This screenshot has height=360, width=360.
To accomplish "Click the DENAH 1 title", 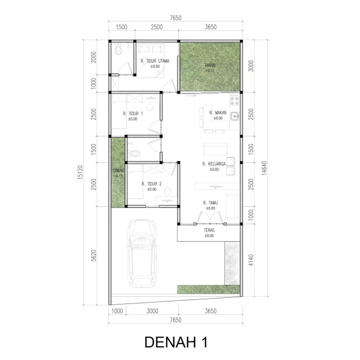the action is [176, 342].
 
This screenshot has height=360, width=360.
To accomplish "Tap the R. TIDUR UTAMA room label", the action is [155, 61].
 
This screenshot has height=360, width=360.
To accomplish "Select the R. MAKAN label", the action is [218, 113].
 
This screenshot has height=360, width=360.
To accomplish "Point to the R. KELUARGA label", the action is [214, 164].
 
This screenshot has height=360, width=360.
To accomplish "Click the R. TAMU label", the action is [210, 203].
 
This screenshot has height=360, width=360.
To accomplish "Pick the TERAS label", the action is [209, 230].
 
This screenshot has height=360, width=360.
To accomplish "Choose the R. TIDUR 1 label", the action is [133, 114].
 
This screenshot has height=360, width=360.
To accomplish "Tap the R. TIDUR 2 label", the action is [152, 184].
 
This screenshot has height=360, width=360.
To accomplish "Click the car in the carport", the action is [141, 254].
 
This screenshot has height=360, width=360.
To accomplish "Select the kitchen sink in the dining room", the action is [235, 116].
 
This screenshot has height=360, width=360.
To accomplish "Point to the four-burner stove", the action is [235, 101].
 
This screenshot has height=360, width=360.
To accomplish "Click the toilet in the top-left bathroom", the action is [118, 49].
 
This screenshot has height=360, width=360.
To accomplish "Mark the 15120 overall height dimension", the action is [80, 172].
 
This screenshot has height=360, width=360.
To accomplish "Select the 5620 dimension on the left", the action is [93, 256].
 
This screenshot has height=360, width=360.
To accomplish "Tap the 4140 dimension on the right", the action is [251, 260].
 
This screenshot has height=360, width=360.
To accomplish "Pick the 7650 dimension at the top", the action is [176, 18].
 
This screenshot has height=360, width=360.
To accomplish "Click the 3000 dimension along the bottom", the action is [152, 311].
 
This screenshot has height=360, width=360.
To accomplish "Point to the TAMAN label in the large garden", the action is [210, 65].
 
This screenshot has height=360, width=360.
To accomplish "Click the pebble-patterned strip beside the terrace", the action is [232, 263].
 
